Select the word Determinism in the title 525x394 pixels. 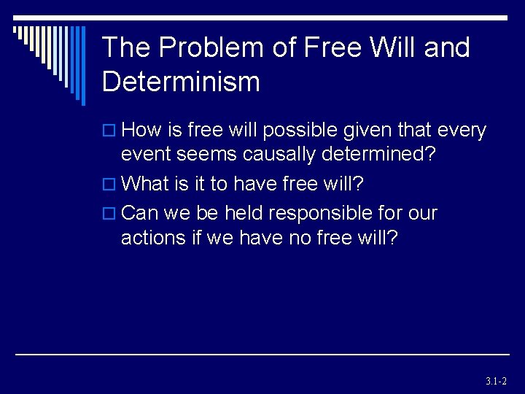181,82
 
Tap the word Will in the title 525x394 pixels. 393,48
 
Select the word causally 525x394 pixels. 280,155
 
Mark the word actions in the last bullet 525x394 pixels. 149,239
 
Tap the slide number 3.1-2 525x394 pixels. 495,381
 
